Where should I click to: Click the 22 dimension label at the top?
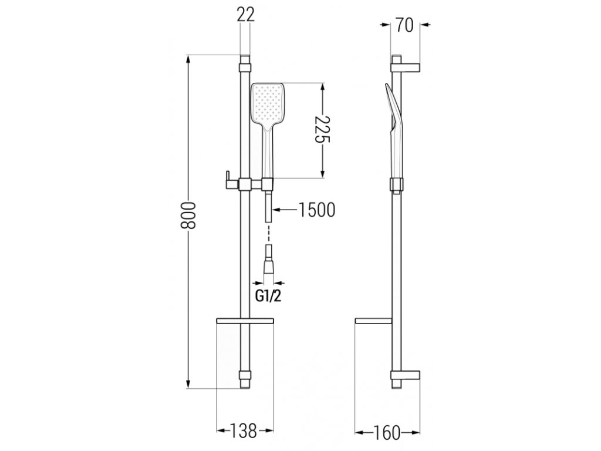(246, 15)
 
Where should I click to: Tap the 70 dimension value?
(404, 26)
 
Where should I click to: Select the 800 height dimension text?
(188, 215)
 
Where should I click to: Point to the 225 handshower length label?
(323, 129)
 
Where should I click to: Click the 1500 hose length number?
(316, 210)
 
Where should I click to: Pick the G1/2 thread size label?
(268, 296)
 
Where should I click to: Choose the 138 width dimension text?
(243, 431)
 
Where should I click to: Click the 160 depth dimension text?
(386, 433)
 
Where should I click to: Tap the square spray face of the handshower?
(267, 102)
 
